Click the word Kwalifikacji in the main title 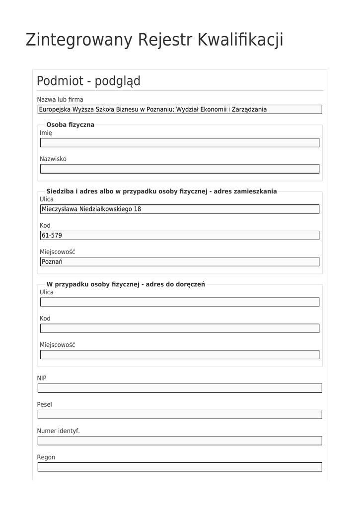240,40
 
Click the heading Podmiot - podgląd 88,81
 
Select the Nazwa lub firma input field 179,110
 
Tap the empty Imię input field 179,143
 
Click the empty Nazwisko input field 179,169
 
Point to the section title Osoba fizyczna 70,125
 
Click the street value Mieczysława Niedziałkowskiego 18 91,209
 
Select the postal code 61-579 52,236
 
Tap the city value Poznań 52,262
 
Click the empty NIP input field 179,388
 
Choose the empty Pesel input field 179,414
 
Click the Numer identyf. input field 179,441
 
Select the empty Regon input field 179,467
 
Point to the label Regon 46,457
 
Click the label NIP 42,378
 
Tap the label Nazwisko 53,159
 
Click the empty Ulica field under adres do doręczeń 179,302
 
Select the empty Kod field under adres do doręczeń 179,328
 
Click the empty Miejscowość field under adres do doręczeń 179,355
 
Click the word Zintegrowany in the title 78,40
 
